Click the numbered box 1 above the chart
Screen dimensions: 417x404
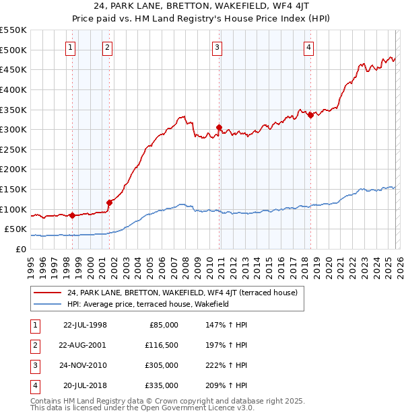pyautogui.click(x=71, y=47)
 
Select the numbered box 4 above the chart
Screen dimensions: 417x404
pyautogui.click(x=308, y=47)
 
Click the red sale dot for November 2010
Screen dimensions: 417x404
pyautogui.click(x=220, y=127)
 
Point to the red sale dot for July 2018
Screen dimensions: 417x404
pyautogui.click(x=310, y=115)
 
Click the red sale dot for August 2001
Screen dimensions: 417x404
pyautogui.click(x=109, y=202)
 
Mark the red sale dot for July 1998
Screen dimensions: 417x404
pyautogui.click(x=72, y=215)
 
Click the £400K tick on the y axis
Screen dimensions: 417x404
pyautogui.click(x=15, y=89)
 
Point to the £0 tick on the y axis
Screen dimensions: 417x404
pyautogui.click(x=21, y=249)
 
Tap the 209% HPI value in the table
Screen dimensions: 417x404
pyautogui.click(x=224, y=385)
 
